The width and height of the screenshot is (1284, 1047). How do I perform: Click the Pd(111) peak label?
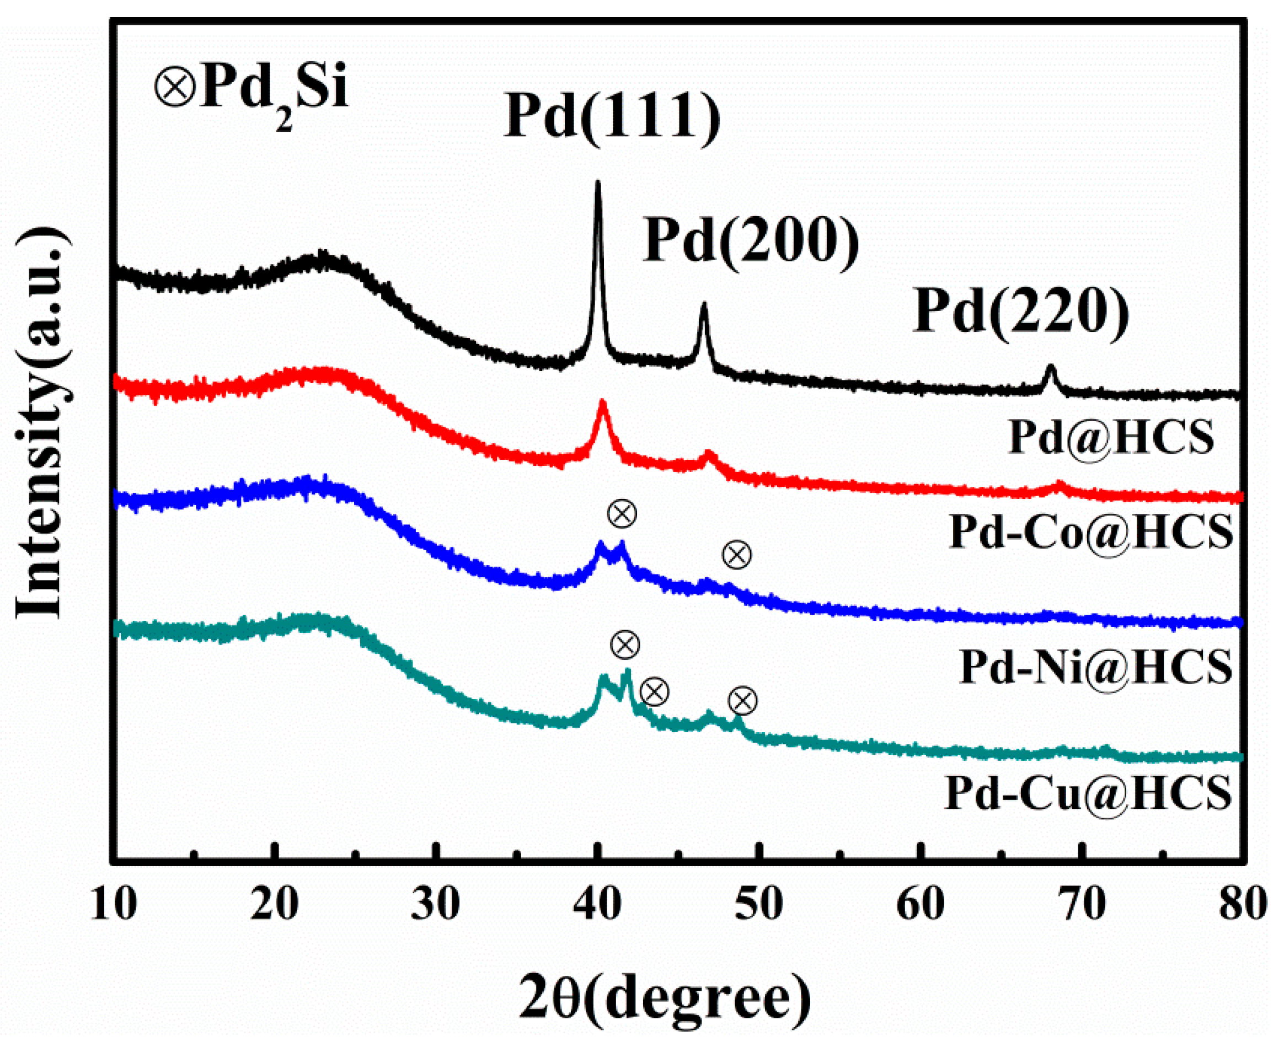click(x=611, y=116)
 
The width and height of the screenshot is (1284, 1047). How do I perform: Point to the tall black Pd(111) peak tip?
click(x=597, y=182)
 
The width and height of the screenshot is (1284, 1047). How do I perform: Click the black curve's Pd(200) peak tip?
click(x=703, y=306)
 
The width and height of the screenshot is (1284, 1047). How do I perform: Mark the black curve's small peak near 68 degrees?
click(x=1051, y=368)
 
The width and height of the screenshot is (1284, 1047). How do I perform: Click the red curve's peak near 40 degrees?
click(x=602, y=402)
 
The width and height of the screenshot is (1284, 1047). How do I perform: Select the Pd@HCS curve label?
click(x=1111, y=437)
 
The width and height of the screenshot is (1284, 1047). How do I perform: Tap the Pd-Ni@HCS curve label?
click(x=1095, y=667)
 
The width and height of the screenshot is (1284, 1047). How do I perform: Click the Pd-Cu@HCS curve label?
click(x=1088, y=792)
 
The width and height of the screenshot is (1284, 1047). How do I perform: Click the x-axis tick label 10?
click(x=114, y=905)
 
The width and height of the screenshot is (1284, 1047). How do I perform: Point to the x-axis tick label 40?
click(x=597, y=905)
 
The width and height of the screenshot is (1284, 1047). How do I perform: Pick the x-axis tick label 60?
click(x=919, y=905)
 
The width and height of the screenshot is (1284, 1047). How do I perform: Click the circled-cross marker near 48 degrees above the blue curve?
click(x=737, y=554)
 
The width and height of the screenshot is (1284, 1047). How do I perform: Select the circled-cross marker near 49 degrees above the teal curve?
click(x=742, y=701)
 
